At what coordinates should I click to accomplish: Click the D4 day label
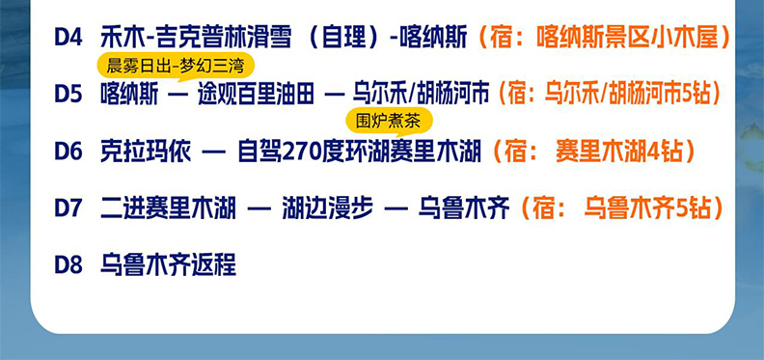pos(68,38)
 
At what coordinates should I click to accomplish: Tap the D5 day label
pos(68,95)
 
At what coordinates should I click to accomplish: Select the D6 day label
pos(68,152)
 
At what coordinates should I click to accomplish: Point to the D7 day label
pos(68,208)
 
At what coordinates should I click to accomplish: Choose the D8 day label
pos(68,265)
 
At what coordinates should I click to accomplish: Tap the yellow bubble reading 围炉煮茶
pos(390,122)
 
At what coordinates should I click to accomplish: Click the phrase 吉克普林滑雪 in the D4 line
pos(224,38)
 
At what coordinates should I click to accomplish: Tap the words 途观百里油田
pos(256,95)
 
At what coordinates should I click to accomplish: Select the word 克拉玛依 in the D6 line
pos(146,152)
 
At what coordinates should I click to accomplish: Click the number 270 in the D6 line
pos(300,152)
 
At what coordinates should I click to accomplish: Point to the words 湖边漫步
pos(328,208)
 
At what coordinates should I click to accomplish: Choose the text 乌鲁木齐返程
pos(168,265)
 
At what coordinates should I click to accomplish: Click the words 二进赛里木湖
pos(168,208)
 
